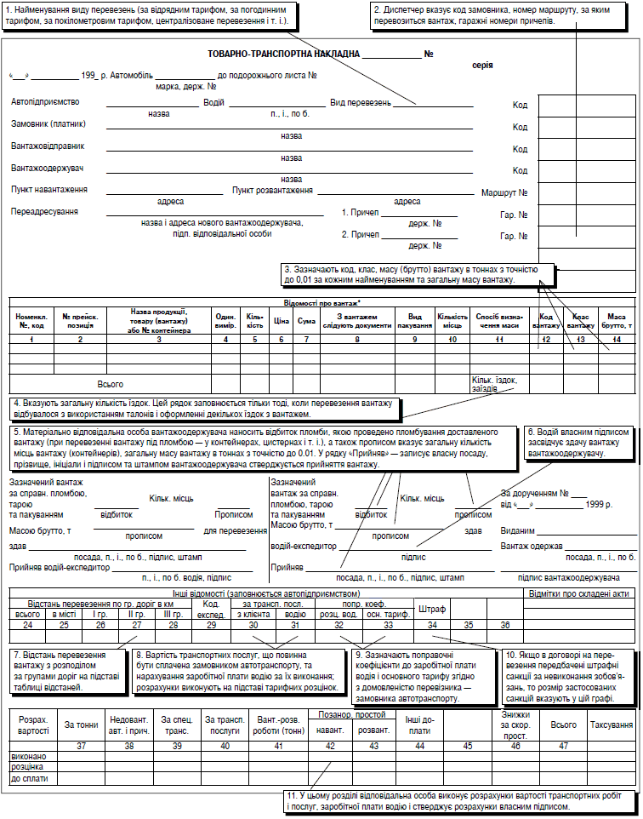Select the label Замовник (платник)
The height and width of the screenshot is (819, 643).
pyautogui.click(x=48, y=123)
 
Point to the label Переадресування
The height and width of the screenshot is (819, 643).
pyautogui.click(x=40, y=211)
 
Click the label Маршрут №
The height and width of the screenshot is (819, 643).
pyautogui.click(x=511, y=192)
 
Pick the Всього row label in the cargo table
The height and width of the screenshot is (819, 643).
pyautogui.click(x=111, y=384)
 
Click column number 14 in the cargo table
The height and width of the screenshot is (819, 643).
pyautogui.click(x=617, y=341)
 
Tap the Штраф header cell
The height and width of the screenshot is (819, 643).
pyautogui.click(x=432, y=609)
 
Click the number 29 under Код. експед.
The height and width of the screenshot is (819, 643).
pyautogui.click(x=212, y=626)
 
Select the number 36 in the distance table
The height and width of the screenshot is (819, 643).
pyautogui.click(x=505, y=626)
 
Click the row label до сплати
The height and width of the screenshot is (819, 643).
pyautogui.click(x=31, y=778)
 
